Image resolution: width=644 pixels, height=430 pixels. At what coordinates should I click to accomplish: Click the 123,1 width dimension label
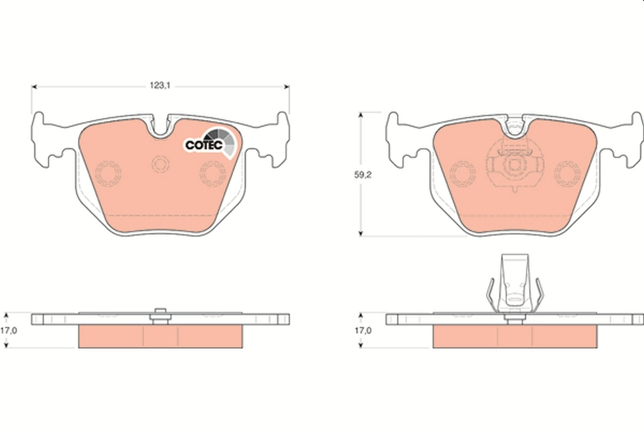(160, 85)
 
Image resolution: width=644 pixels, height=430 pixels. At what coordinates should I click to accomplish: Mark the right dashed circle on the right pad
(568, 173)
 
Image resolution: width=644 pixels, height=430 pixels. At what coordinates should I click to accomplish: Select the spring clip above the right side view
(515, 285)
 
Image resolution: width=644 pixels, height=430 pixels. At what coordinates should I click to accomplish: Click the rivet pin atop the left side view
(159, 316)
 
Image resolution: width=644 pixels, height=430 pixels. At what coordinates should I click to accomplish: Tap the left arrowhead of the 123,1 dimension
(34, 86)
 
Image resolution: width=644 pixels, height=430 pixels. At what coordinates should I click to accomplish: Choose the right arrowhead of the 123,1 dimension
(287, 86)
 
